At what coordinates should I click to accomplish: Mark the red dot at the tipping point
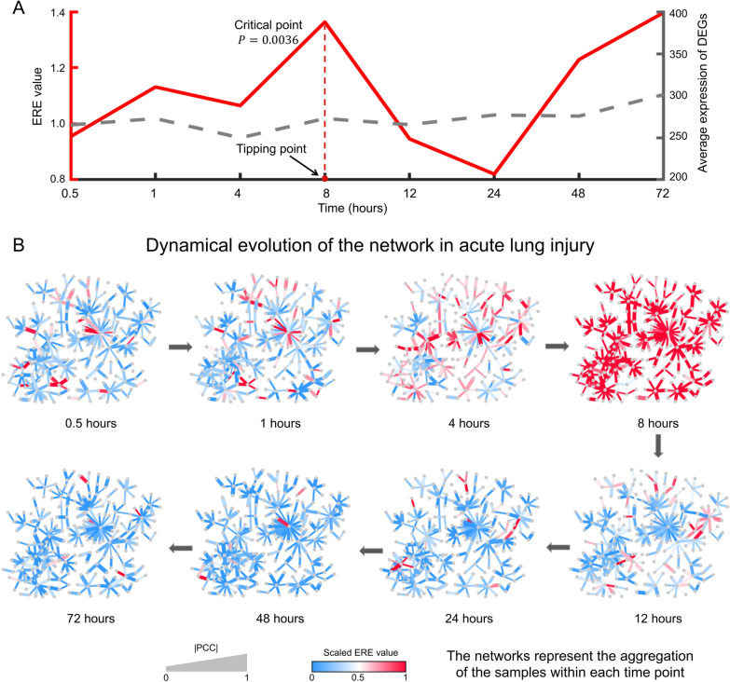[324, 178]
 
